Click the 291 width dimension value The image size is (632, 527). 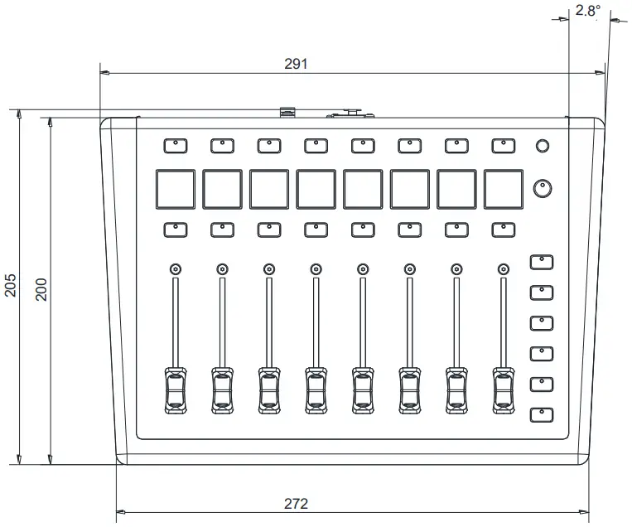pos(295,63)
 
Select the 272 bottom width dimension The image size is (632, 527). pos(296,503)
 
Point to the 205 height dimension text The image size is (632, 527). pos(9,287)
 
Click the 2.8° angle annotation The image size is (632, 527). pos(587,12)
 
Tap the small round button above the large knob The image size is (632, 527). pos(542,147)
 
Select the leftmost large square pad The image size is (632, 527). pos(175,189)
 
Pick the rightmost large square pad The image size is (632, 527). pos(504,189)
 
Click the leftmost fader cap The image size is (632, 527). pos(175,388)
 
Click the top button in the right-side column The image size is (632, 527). pos(541,262)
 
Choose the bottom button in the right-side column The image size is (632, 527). pos(541,413)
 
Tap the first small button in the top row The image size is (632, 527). pos(175,146)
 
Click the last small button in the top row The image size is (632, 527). pos(503,146)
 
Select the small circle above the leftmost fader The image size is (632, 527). pos(175,268)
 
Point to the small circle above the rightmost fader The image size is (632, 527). pos(503,268)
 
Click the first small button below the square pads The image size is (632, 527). pos(175,229)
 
